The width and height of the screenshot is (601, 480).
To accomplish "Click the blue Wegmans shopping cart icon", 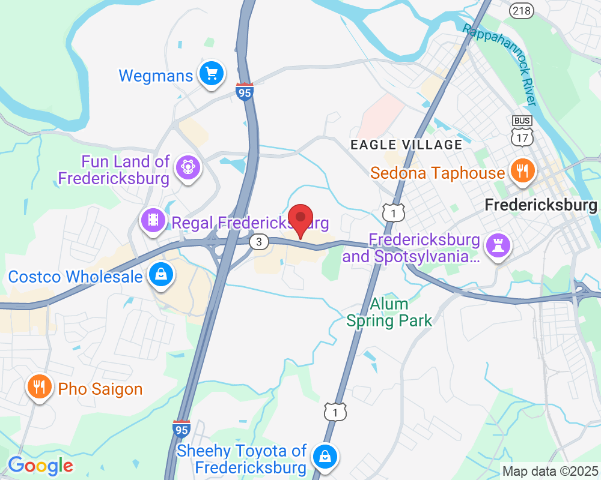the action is pos(211,74).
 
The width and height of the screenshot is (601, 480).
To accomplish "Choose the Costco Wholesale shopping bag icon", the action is pos(161,275).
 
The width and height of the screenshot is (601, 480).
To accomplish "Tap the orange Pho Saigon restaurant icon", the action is pos(40,387).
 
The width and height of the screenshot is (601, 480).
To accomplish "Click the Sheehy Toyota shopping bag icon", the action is pos(325,455).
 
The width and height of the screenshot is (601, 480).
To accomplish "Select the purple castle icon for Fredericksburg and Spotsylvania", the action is pos(499,245).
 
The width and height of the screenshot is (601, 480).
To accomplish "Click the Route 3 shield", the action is pos(258,242).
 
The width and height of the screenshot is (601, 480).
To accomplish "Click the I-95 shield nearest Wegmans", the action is pos(245,92).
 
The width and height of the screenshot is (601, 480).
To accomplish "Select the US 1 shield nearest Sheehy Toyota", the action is pos(335,412).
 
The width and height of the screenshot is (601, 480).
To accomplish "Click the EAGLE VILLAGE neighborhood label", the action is pos(406,145).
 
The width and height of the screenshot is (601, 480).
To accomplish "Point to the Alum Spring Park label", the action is pos(389,312).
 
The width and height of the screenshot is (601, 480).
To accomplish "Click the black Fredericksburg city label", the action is pos(541,206).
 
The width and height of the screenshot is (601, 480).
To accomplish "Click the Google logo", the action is pos(40,466).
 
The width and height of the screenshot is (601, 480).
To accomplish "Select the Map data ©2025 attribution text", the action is pos(550,471).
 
